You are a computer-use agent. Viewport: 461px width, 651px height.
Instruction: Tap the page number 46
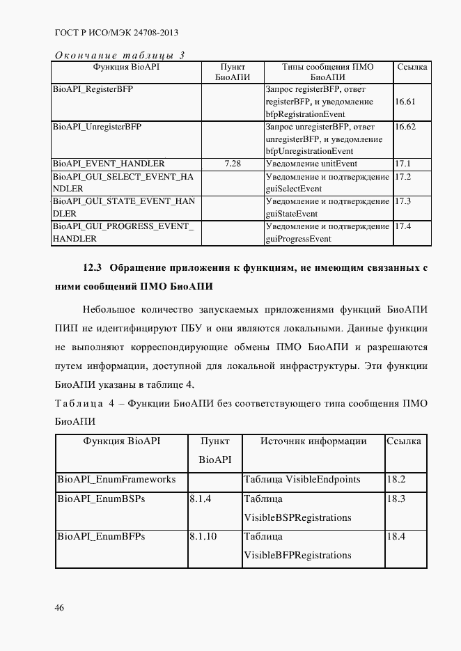pyautogui.click(x=60, y=608)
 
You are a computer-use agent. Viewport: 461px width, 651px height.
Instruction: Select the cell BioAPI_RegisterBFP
pyautogui.click(x=93, y=91)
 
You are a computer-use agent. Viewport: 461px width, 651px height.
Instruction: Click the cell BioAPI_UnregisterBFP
pyautogui.click(x=97, y=127)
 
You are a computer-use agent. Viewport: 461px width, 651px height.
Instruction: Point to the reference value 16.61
pyautogui.click(x=405, y=102)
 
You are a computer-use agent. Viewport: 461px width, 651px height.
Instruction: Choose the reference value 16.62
pyautogui.click(x=405, y=127)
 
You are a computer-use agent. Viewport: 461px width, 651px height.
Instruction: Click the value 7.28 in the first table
pyautogui.click(x=233, y=164)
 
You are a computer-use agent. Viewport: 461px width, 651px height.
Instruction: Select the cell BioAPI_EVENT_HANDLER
pyautogui.click(x=109, y=164)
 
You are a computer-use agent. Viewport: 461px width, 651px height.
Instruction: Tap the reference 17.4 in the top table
pyautogui.click(x=403, y=227)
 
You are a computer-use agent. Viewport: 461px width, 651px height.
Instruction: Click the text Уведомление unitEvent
pyautogui.click(x=311, y=164)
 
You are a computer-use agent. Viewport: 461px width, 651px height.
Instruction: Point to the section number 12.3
pyautogui.click(x=93, y=268)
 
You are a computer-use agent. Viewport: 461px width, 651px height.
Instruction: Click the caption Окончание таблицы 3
pyautogui.click(x=119, y=56)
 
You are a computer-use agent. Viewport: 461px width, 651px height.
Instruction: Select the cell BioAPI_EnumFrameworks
pyautogui.click(x=116, y=480)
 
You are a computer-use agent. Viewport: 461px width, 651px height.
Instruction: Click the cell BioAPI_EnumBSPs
pyautogui.click(x=101, y=499)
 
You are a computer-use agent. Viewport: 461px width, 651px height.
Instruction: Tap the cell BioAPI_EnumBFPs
pyautogui.click(x=101, y=537)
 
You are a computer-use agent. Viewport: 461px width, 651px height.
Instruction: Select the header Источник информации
pyautogui.click(x=313, y=441)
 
